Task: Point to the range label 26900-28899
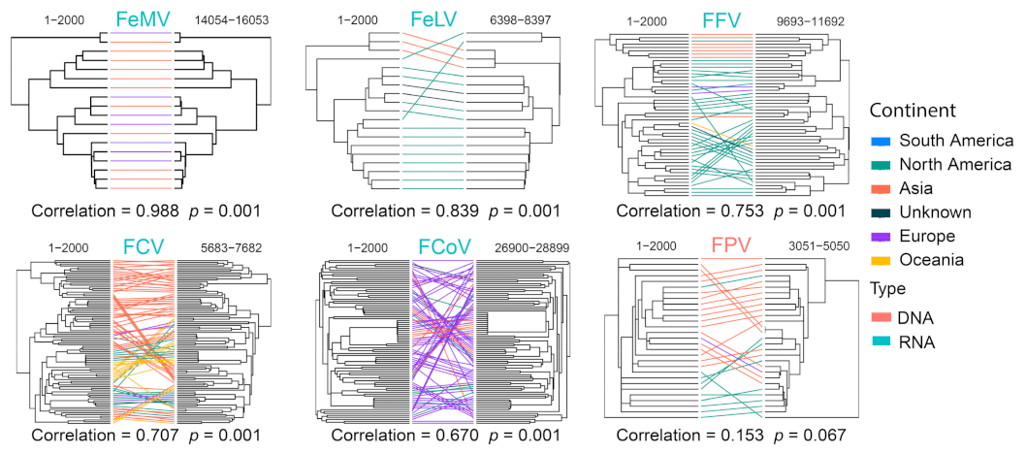pyautogui.click(x=529, y=247)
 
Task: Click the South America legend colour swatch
pyautogui.click(x=879, y=142)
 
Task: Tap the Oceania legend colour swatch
pyautogui.click(x=879, y=259)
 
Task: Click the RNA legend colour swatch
pyautogui.click(x=879, y=341)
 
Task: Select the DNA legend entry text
pyautogui.click(x=919, y=318)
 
